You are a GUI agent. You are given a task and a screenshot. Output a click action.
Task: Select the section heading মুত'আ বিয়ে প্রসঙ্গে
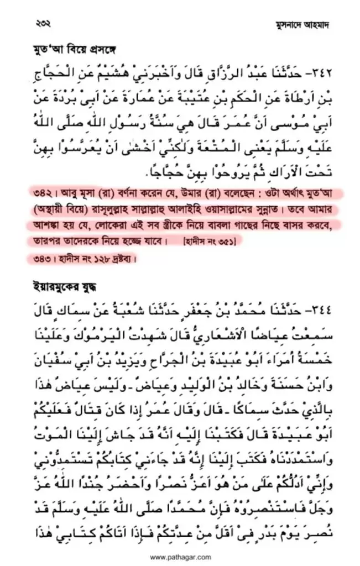65,53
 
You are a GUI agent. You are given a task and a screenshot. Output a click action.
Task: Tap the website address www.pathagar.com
180,558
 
